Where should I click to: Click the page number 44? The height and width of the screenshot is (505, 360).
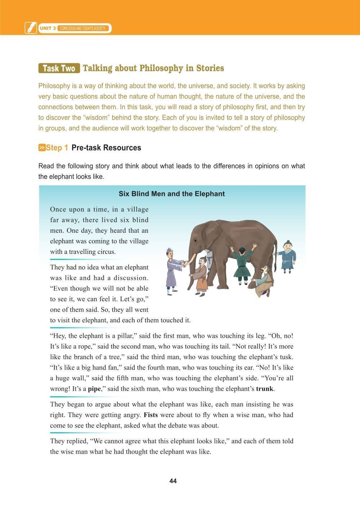(173, 481)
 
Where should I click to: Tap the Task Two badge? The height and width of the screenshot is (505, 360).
(59, 68)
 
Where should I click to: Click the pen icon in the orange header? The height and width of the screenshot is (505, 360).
(31, 28)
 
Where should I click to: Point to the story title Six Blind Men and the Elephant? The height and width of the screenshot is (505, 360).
(172, 194)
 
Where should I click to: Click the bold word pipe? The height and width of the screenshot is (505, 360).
(94, 389)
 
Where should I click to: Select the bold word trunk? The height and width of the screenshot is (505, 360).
(265, 389)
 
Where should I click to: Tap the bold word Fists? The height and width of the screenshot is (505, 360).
(150, 415)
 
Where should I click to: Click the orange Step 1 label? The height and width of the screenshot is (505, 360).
(54, 148)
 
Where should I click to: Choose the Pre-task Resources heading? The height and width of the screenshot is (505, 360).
(106, 148)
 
